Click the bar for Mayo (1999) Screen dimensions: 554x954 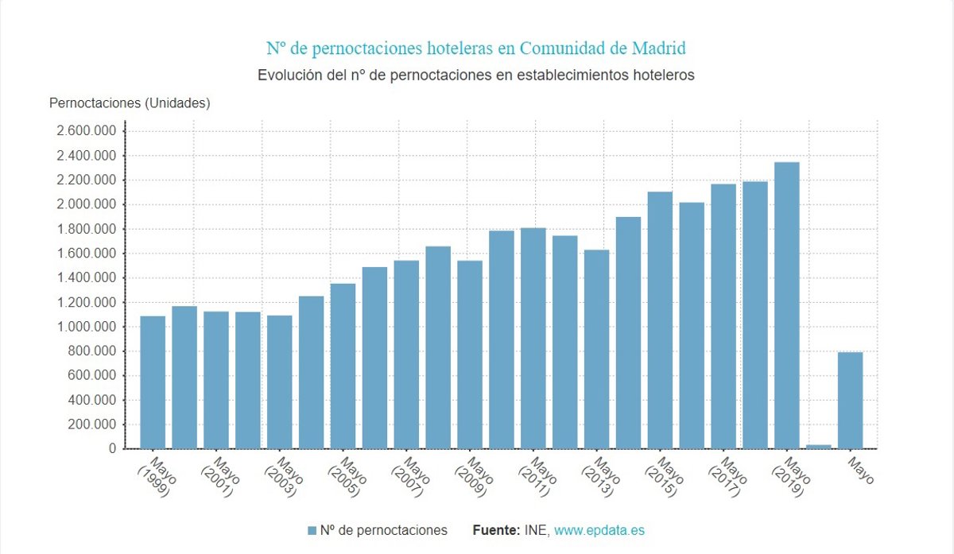click(x=153, y=382)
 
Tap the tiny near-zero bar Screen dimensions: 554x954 click(x=819, y=447)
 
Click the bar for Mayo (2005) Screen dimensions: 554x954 click(x=343, y=366)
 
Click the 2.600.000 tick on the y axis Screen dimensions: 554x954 click(x=86, y=131)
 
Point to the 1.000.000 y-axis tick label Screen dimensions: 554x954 click(x=86, y=327)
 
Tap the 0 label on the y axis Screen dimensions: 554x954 click(x=113, y=449)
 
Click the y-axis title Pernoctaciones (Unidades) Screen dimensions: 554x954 click(x=130, y=103)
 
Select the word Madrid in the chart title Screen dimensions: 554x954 click(x=658, y=48)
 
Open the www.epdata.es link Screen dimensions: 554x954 click(x=599, y=530)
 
